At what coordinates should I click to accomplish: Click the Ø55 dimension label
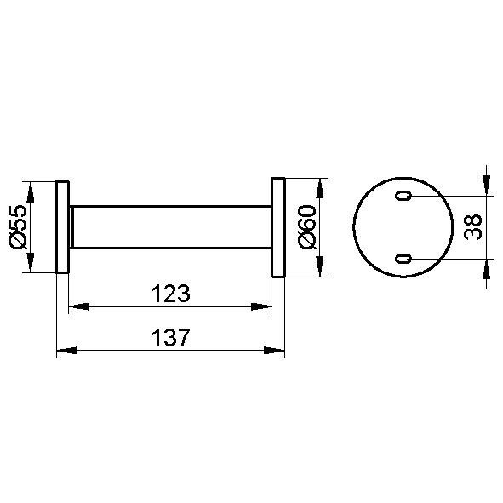pyautogui.click(x=18, y=227)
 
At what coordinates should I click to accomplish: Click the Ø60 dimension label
pyautogui.click(x=307, y=227)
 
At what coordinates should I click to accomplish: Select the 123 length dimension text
pyautogui.click(x=171, y=294)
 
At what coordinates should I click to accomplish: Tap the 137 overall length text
pyautogui.click(x=171, y=338)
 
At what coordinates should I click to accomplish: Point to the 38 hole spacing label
pyautogui.click(x=473, y=226)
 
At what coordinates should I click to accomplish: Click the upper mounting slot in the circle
pyautogui.click(x=403, y=196)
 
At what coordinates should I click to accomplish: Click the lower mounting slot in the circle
pyautogui.click(x=403, y=259)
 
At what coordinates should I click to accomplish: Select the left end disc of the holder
pyautogui.click(x=62, y=227)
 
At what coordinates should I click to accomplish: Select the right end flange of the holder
pyautogui.click(x=278, y=227)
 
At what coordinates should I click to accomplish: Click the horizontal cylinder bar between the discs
pyautogui.click(x=170, y=227)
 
